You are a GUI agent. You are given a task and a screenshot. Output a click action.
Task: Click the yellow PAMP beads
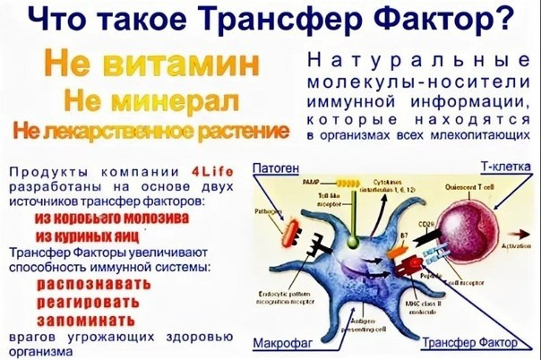pos(323,197)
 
